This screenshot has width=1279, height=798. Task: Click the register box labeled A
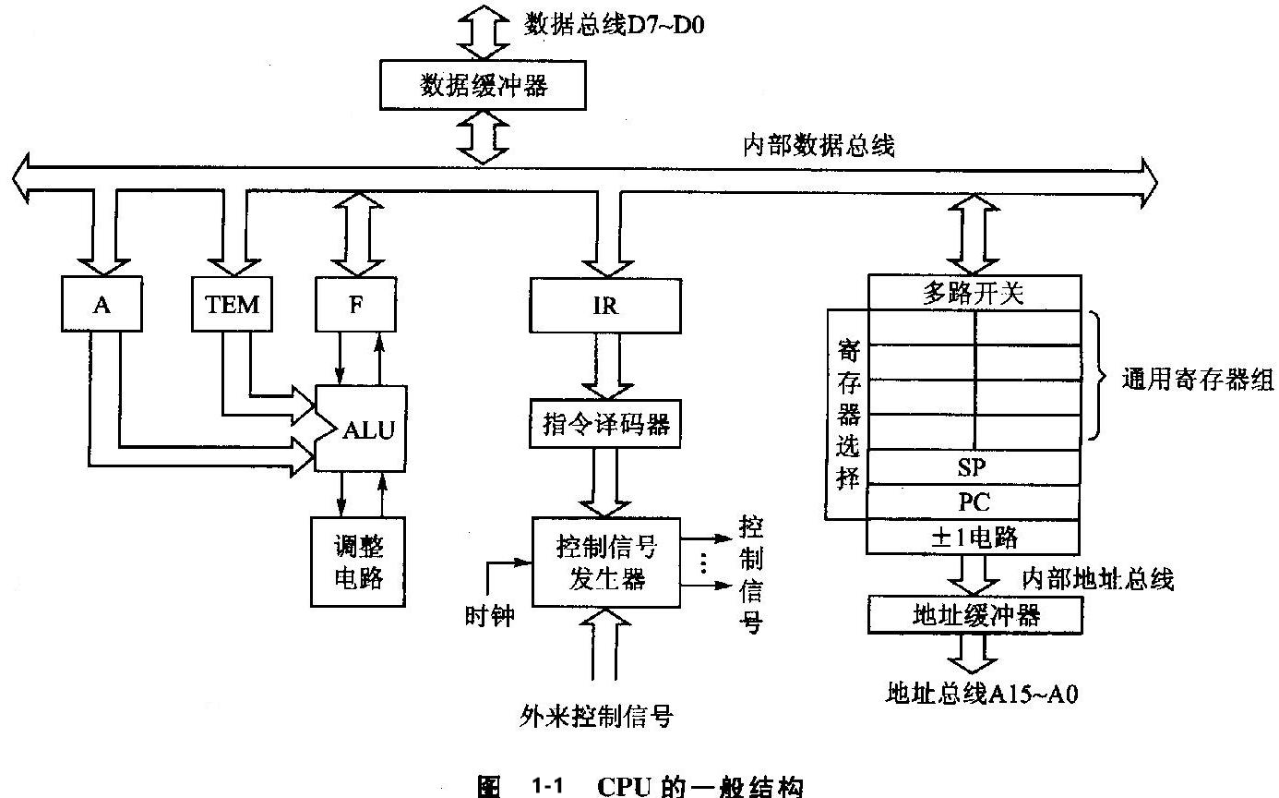coord(102,304)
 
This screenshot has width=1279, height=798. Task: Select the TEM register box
coord(233,304)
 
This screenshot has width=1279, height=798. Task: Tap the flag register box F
coord(355,304)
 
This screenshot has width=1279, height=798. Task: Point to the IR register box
coord(604,306)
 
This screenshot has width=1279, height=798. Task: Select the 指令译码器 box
coord(604,425)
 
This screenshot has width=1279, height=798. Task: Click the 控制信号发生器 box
coord(605,562)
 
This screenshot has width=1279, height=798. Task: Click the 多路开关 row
coord(973,294)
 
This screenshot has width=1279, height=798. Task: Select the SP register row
coord(973,467)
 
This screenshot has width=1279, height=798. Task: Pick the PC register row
coord(973,502)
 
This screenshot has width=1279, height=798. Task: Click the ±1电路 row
coord(973,537)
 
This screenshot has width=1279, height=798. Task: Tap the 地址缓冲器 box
coord(973,614)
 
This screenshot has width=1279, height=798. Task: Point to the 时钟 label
coord(489,614)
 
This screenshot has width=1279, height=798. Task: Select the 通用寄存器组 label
coord(1196,380)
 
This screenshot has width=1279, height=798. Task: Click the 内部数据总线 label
coord(819,146)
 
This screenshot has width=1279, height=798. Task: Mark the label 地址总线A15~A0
coord(981,693)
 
